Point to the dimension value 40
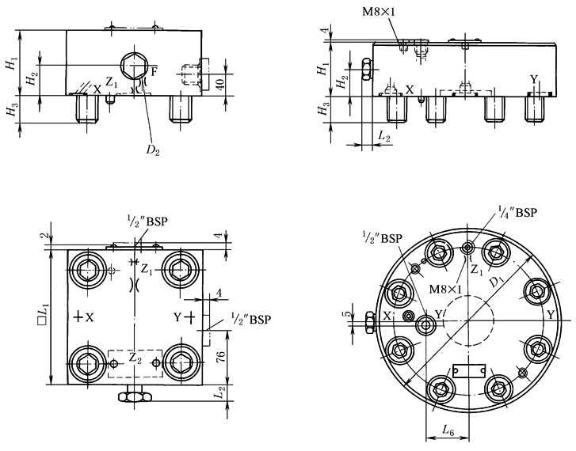230,81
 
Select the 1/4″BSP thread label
518,212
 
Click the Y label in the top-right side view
534,79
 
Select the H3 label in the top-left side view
11,112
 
